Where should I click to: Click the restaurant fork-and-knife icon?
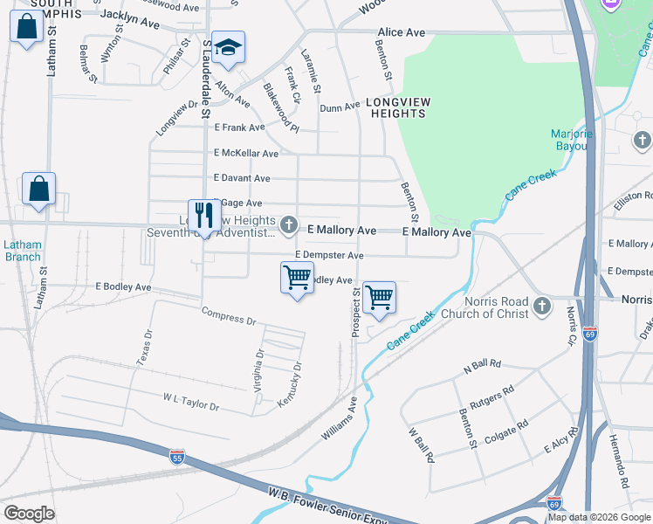pos(204,215)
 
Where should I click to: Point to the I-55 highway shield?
pos(178,454)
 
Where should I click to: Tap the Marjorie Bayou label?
pos(572,140)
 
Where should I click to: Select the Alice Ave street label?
pos(401,32)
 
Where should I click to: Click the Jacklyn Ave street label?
pos(130,19)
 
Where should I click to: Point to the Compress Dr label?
pos(228,315)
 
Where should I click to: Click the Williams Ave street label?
pos(340,418)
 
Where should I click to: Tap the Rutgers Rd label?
pos(491,400)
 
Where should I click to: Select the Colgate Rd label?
pos(505,432)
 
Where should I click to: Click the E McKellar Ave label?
pos(246,153)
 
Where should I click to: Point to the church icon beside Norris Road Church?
pos(542,305)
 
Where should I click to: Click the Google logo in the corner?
pos(29,514)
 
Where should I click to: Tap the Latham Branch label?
pos(22,251)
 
